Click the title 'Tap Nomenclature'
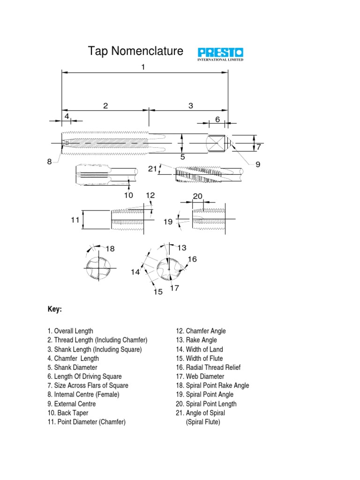click(136, 51)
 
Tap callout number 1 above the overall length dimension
click(143, 67)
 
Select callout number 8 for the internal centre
click(49, 162)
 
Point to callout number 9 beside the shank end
click(258, 165)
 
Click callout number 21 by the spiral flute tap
click(152, 169)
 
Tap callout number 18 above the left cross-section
click(110, 248)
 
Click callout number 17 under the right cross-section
click(174, 288)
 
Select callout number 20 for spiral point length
click(197, 196)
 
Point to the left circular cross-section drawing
click(98, 269)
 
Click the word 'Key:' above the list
click(55, 310)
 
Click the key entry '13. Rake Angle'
click(196, 340)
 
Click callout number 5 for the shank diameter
click(183, 157)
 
